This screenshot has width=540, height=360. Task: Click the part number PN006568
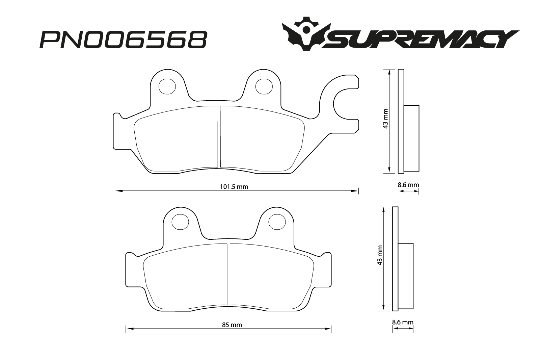(x=123, y=39)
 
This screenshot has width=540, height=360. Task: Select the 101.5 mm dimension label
(x=234, y=187)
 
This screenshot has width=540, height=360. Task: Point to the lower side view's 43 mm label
(x=380, y=255)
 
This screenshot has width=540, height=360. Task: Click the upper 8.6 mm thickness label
(x=408, y=185)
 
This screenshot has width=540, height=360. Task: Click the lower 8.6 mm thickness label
(x=403, y=322)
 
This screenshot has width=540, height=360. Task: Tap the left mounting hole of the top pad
(x=167, y=86)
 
